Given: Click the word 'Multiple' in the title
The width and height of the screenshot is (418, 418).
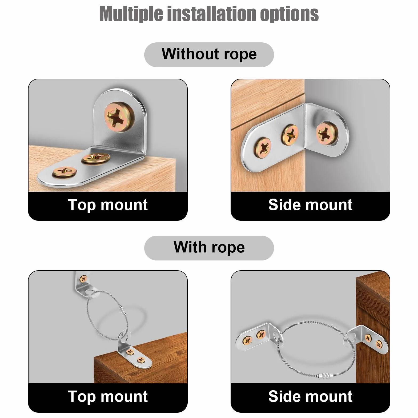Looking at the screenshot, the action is click(x=131, y=14).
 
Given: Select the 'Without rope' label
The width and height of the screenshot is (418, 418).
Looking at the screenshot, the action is click(x=209, y=54).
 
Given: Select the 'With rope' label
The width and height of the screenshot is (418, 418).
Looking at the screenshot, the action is click(x=209, y=247).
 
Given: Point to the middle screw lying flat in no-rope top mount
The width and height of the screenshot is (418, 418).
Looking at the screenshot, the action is click(x=95, y=158).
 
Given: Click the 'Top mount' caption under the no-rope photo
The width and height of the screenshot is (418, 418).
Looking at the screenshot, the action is click(x=108, y=205).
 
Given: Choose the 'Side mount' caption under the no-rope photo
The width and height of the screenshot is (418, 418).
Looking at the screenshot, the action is click(x=310, y=205).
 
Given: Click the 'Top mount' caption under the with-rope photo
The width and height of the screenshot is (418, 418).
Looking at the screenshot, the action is click(x=108, y=397).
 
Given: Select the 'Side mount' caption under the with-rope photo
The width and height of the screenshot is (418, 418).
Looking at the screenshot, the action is click(x=310, y=396).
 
